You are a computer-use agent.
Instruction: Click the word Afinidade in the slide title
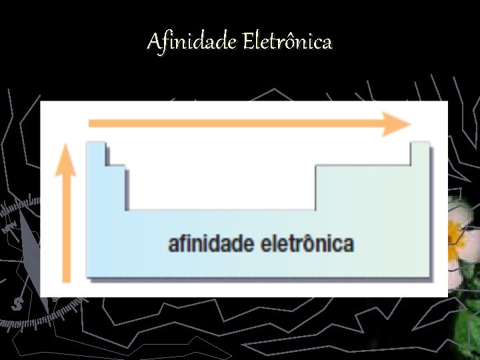[191, 43]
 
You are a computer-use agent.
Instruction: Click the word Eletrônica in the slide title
[287, 43]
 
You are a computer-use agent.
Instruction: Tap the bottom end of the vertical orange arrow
[65, 280]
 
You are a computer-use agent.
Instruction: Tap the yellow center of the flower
[455, 233]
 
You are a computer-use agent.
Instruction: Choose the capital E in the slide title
[248, 43]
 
